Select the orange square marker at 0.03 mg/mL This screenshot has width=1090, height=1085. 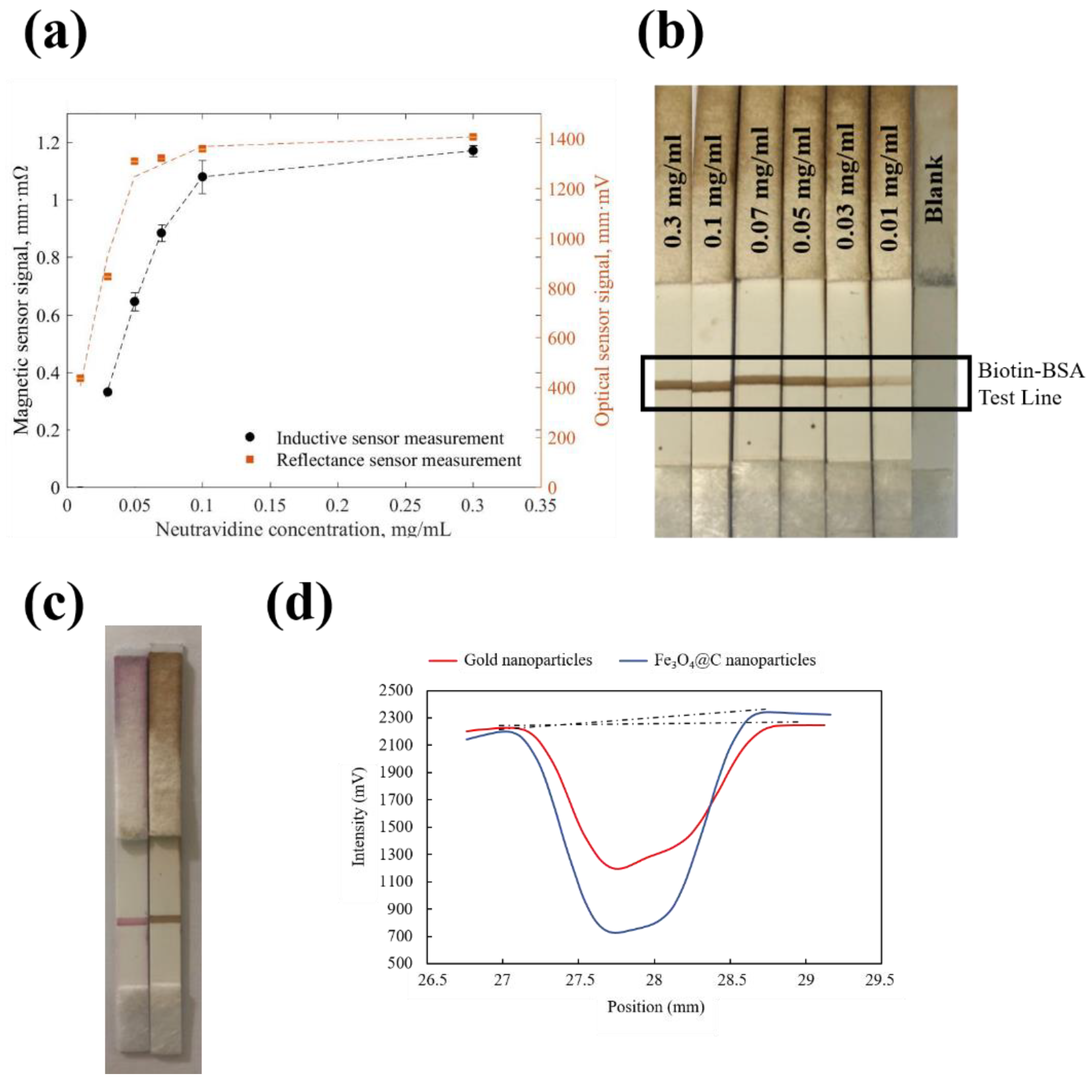(x=107, y=276)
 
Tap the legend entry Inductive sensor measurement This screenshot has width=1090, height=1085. (x=389, y=438)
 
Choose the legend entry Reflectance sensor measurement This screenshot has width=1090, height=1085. (x=398, y=460)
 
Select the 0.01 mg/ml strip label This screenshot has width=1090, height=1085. (x=890, y=189)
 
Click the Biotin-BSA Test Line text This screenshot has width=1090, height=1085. (x=1030, y=384)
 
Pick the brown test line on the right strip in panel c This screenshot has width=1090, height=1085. (x=165, y=919)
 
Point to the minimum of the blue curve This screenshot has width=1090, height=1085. (x=615, y=932)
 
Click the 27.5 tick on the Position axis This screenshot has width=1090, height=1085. (x=579, y=981)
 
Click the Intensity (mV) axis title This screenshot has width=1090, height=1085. (x=358, y=816)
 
